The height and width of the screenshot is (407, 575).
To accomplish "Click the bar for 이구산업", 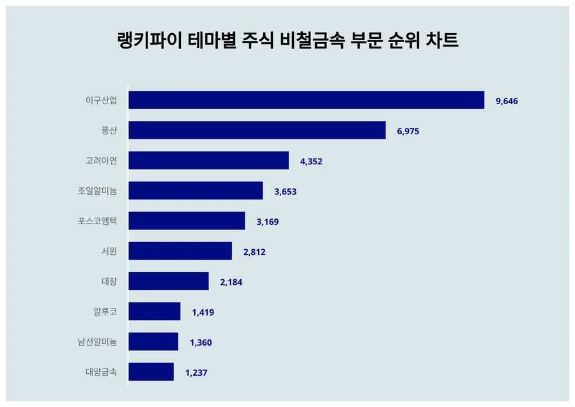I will click(x=306, y=100).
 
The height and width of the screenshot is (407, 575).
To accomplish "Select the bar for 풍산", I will click(x=257, y=130).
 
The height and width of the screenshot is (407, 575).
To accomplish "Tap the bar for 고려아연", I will click(x=208, y=160).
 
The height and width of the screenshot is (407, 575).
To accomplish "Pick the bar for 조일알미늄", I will click(x=195, y=190).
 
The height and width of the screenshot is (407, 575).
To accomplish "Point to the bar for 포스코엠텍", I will click(x=187, y=221).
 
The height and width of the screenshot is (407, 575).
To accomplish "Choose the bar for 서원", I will click(x=180, y=251).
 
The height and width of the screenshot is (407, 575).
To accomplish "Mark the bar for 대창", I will click(x=169, y=281).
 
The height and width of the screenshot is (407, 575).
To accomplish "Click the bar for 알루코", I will click(x=155, y=312).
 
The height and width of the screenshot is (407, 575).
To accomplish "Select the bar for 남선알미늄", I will click(x=153, y=342).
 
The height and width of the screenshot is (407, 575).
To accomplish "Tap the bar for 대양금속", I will click(x=151, y=372).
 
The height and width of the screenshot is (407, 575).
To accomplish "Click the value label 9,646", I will click(x=507, y=101).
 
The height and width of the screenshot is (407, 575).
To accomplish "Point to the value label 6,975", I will click(x=408, y=131).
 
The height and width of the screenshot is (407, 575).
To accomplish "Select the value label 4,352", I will click(x=311, y=161).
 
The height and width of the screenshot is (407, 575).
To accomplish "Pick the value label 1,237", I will click(x=196, y=372).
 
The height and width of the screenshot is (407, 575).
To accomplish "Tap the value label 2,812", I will click(x=254, y=252).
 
